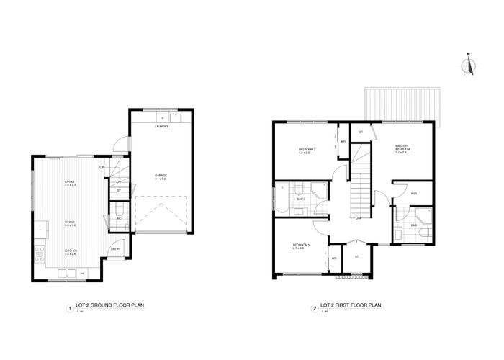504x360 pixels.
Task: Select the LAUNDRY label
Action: click(x=161, y=127)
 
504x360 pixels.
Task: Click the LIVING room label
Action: click(x=70, y=183)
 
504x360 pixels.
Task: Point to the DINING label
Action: click(x=70, y=224)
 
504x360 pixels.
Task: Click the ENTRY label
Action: click(x=115, y=249)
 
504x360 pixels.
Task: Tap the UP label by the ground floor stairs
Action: click(x=102, y=168)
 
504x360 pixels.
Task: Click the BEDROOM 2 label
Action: click(x=304, y=150)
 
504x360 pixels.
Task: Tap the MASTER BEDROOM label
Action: click(x=402, y=149)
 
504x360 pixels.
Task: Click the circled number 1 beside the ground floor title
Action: click(x=69, y=309)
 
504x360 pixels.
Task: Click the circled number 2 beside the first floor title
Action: click(x=315, y=309)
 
